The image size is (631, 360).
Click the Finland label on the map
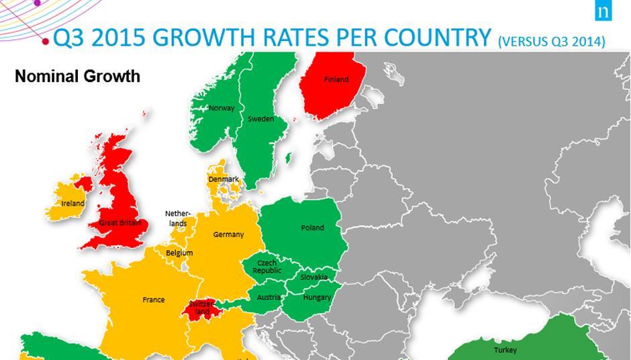pyautogui.click(x=336, y=79)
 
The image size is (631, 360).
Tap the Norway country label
pyautogui.click(x=222, y=108)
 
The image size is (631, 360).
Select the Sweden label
pyautogui.click(x=261, y=119)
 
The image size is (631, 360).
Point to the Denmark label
pyautogui.click(x=224, y=179)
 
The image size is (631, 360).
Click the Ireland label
pyautogui.click(x=73, y=204)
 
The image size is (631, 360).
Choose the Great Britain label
pyautogui.click(x=120, y=222)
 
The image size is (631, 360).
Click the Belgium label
pyautogui.click(x=179, y=253)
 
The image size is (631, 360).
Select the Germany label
pyautogui.click(x=228, y=235)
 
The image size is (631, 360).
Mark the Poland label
pyautogui.click(x=312, y=228)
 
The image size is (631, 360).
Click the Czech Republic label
pyautogui.click(x=267, y=267)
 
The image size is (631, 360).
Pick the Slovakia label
pyautogui.click(x=314, y=277)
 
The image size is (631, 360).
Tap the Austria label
pyautogui.click(x=269, y=298)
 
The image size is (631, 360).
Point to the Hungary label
pyautogui.click(x=317, y=298)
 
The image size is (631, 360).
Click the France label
pyautogui.click(x=154, y=300)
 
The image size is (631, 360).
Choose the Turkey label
pyautogui.click(x=505, y=351)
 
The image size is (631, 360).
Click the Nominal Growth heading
pyautogui.click(x=77, y=76)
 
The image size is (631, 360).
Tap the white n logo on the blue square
pyautogui.click(x=618, y=12)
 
